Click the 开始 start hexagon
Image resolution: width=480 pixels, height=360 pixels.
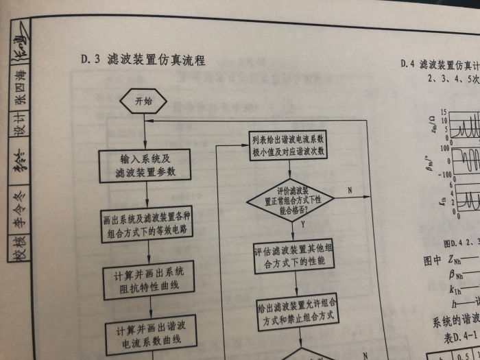pyautogui.click(x=143, y=101)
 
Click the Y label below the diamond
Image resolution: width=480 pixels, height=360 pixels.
pyautogui.click(x=302, y=224)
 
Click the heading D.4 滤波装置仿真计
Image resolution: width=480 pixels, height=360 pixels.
pyautogui.click(x=439, y=65)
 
